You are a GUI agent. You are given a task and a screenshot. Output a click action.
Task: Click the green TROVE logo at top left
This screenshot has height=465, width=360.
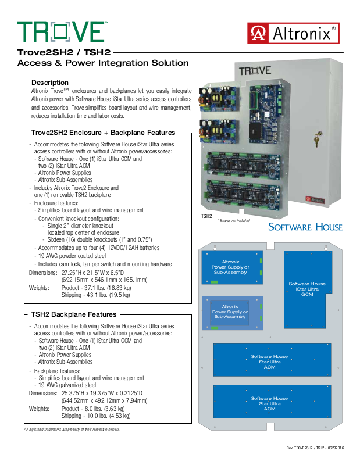tap(61, 31)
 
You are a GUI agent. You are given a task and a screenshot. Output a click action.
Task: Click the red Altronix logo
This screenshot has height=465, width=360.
tap(293, 33)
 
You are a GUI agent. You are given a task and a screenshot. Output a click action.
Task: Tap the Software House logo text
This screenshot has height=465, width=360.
tap(305, 226)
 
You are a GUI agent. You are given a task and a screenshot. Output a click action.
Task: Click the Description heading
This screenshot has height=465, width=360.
tap(50, 83)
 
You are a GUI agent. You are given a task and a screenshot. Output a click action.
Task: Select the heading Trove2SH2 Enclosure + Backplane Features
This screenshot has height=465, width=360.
tap(102, 133)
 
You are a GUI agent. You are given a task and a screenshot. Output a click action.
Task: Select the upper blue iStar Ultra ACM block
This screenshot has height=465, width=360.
tap(270, 361)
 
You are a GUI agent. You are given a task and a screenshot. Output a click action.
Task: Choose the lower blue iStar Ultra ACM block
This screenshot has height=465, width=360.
tap(270, 403)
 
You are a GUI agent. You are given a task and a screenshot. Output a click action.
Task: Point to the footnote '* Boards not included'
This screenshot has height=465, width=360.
tap(234, 220)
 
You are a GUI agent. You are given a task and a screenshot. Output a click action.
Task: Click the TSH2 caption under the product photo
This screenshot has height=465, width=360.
tap(206, 216)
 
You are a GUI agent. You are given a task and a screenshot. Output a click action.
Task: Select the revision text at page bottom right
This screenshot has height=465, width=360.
tap(315, 448)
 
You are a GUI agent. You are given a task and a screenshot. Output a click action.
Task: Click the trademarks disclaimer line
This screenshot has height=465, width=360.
tap(72, 430)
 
